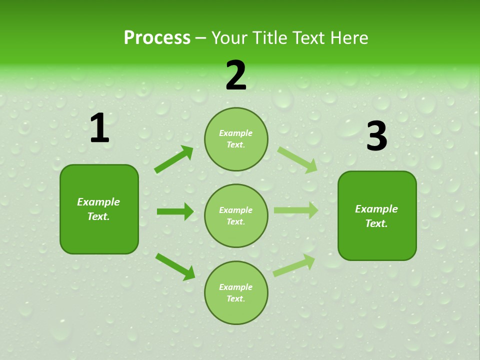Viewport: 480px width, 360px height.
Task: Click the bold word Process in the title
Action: tap(157, 37)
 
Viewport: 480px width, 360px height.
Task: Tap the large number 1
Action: tap(99, 128)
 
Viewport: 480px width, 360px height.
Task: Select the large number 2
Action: tap(236, 75)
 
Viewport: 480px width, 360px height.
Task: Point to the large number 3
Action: tap(376, 136)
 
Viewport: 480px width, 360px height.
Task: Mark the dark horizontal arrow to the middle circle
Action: tap(175, 211)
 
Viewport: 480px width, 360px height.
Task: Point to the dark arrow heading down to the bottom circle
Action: tap(175, 266)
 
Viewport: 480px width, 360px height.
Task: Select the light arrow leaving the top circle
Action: tap(297, 159)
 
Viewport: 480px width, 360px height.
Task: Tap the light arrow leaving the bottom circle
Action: tap(294, 265)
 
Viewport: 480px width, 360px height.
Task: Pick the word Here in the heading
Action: tap(350, 37)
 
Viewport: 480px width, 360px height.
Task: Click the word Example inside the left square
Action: tap(98, 202)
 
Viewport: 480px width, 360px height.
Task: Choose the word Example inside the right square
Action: tap(376, 209)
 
